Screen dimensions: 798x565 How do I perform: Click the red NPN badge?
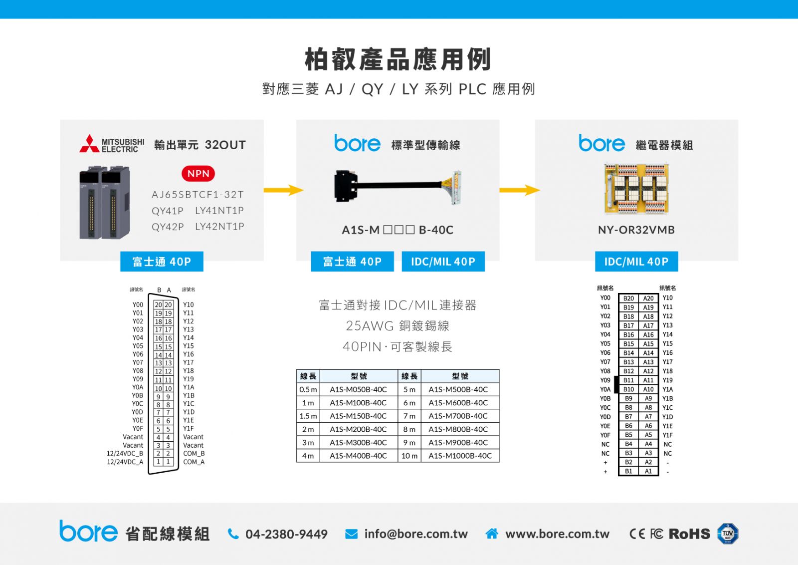198,174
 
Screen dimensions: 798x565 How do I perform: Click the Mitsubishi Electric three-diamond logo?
89,143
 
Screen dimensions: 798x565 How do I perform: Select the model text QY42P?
168,227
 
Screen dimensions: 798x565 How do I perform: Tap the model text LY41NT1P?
219,210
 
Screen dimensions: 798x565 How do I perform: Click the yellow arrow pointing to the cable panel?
284,190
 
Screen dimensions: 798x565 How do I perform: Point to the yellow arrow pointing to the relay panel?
520,190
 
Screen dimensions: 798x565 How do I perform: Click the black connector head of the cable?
346,186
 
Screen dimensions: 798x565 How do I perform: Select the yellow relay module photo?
636,189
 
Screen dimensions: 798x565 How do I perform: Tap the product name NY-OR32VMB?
636,230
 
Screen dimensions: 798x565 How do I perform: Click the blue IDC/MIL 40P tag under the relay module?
636,262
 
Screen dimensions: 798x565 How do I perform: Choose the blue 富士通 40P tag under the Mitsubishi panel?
162,262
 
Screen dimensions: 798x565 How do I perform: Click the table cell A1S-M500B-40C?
458,390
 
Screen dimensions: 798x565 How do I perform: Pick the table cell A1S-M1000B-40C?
460,456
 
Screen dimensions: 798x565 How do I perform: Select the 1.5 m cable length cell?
308,416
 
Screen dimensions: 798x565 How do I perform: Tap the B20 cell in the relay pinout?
628,298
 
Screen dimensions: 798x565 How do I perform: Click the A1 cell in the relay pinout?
648,471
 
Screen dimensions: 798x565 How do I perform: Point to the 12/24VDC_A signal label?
125,462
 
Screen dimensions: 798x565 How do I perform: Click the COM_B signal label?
194,453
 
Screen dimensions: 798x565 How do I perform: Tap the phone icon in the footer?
233,534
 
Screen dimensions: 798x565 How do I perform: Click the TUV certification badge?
728,534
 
